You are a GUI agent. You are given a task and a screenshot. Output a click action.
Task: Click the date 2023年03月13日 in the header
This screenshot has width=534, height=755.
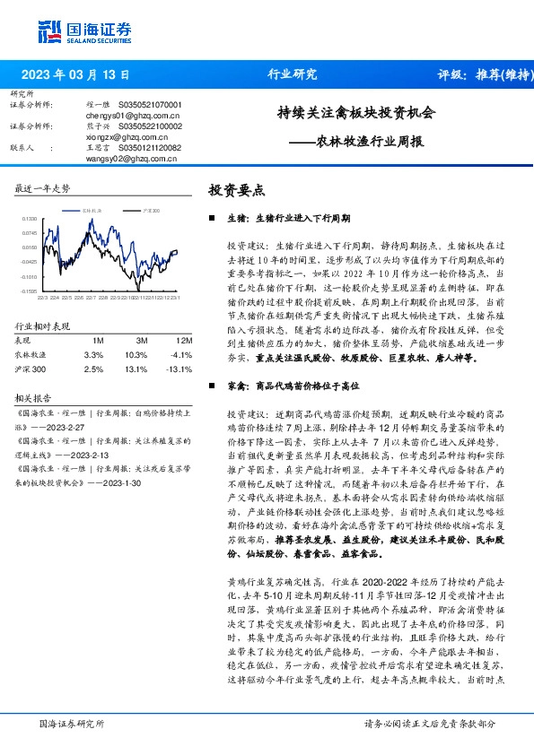click(x=75, y=75)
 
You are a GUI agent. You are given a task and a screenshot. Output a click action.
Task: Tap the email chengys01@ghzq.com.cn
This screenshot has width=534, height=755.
click(x=133, y=116)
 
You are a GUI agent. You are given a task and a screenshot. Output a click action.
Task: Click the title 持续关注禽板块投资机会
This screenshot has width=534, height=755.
click(x=355, y=114)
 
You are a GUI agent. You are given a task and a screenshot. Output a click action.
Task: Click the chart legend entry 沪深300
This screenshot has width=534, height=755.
click(x=150, y=209)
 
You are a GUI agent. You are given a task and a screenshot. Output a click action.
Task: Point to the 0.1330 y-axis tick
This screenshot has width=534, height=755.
click(x=30, y=218)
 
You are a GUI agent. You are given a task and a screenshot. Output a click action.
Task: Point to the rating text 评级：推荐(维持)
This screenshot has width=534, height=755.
click(x=486, y=75)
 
